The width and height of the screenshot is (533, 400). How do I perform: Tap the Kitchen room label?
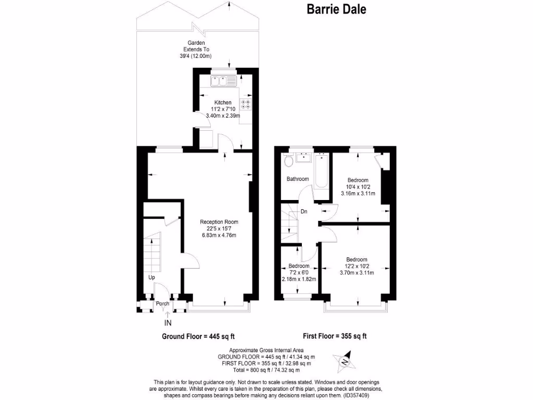223,102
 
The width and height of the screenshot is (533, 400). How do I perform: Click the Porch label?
162,303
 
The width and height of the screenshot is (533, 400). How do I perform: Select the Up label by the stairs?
151,278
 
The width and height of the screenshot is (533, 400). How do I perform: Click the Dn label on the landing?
304,212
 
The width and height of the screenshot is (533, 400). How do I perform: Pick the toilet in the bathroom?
288,161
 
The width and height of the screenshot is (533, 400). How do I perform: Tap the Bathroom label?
298,179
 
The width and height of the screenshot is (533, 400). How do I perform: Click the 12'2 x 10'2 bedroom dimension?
357,266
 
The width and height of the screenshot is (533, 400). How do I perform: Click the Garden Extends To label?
196,46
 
